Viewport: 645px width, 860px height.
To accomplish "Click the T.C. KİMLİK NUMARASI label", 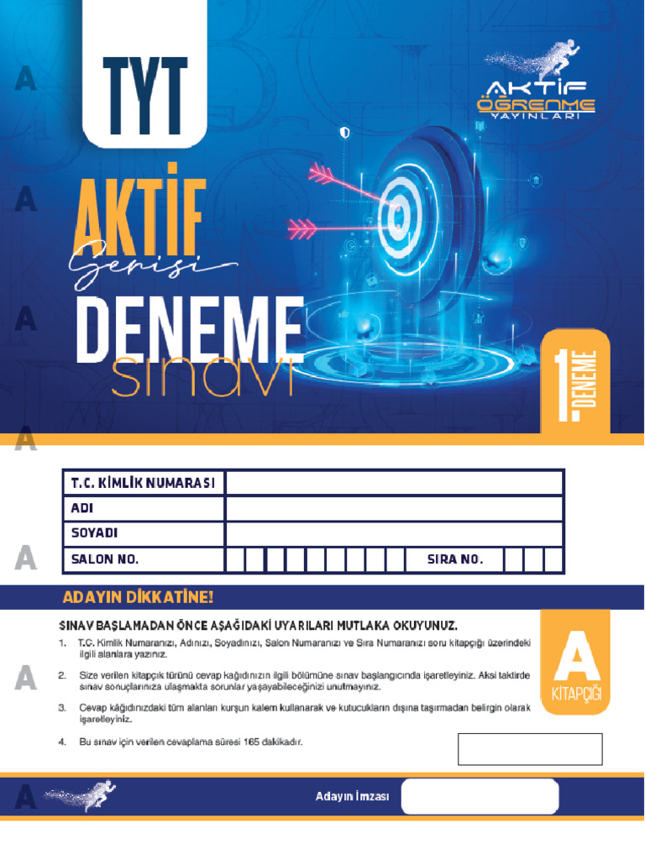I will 144,483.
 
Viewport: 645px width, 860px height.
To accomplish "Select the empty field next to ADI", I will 394,508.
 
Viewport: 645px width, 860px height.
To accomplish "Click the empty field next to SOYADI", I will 394,533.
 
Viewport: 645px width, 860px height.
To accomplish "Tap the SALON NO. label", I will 105,559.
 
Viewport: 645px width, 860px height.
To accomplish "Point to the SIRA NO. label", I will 455,559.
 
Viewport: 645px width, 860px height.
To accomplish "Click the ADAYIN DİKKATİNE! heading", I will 139,598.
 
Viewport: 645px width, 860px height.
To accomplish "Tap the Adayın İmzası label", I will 352,797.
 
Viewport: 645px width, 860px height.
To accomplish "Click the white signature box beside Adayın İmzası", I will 480,797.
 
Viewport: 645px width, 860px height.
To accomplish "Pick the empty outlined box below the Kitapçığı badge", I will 530,749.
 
